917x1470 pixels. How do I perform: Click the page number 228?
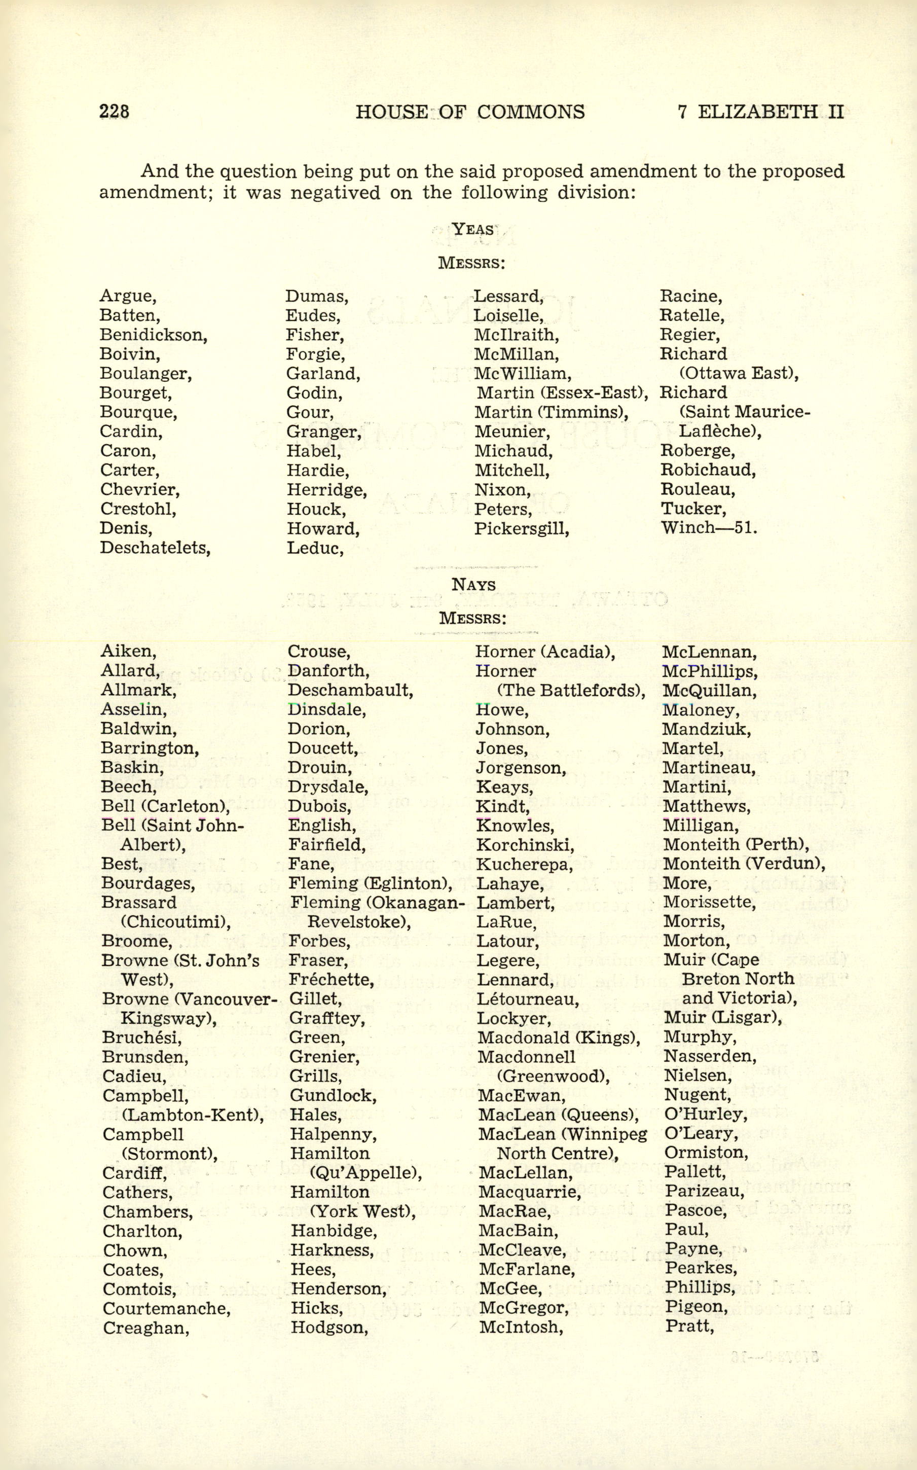point(114,112)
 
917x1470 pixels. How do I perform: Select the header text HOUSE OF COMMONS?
point(470,112)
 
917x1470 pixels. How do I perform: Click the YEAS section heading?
point(472,229)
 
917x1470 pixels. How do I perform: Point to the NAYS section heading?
point(473,585)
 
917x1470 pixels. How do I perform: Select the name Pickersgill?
point(522,528)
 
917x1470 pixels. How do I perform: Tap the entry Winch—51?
point(708,527)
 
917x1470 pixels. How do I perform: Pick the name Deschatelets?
point(155,548)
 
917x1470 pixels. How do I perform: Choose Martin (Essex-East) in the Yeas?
point(562,393)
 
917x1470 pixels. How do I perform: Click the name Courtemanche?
point(166,1309)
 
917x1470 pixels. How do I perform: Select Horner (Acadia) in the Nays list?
point(544,652)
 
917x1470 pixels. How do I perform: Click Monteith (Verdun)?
point(744,864)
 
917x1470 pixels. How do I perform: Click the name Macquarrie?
point(529,1192)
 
